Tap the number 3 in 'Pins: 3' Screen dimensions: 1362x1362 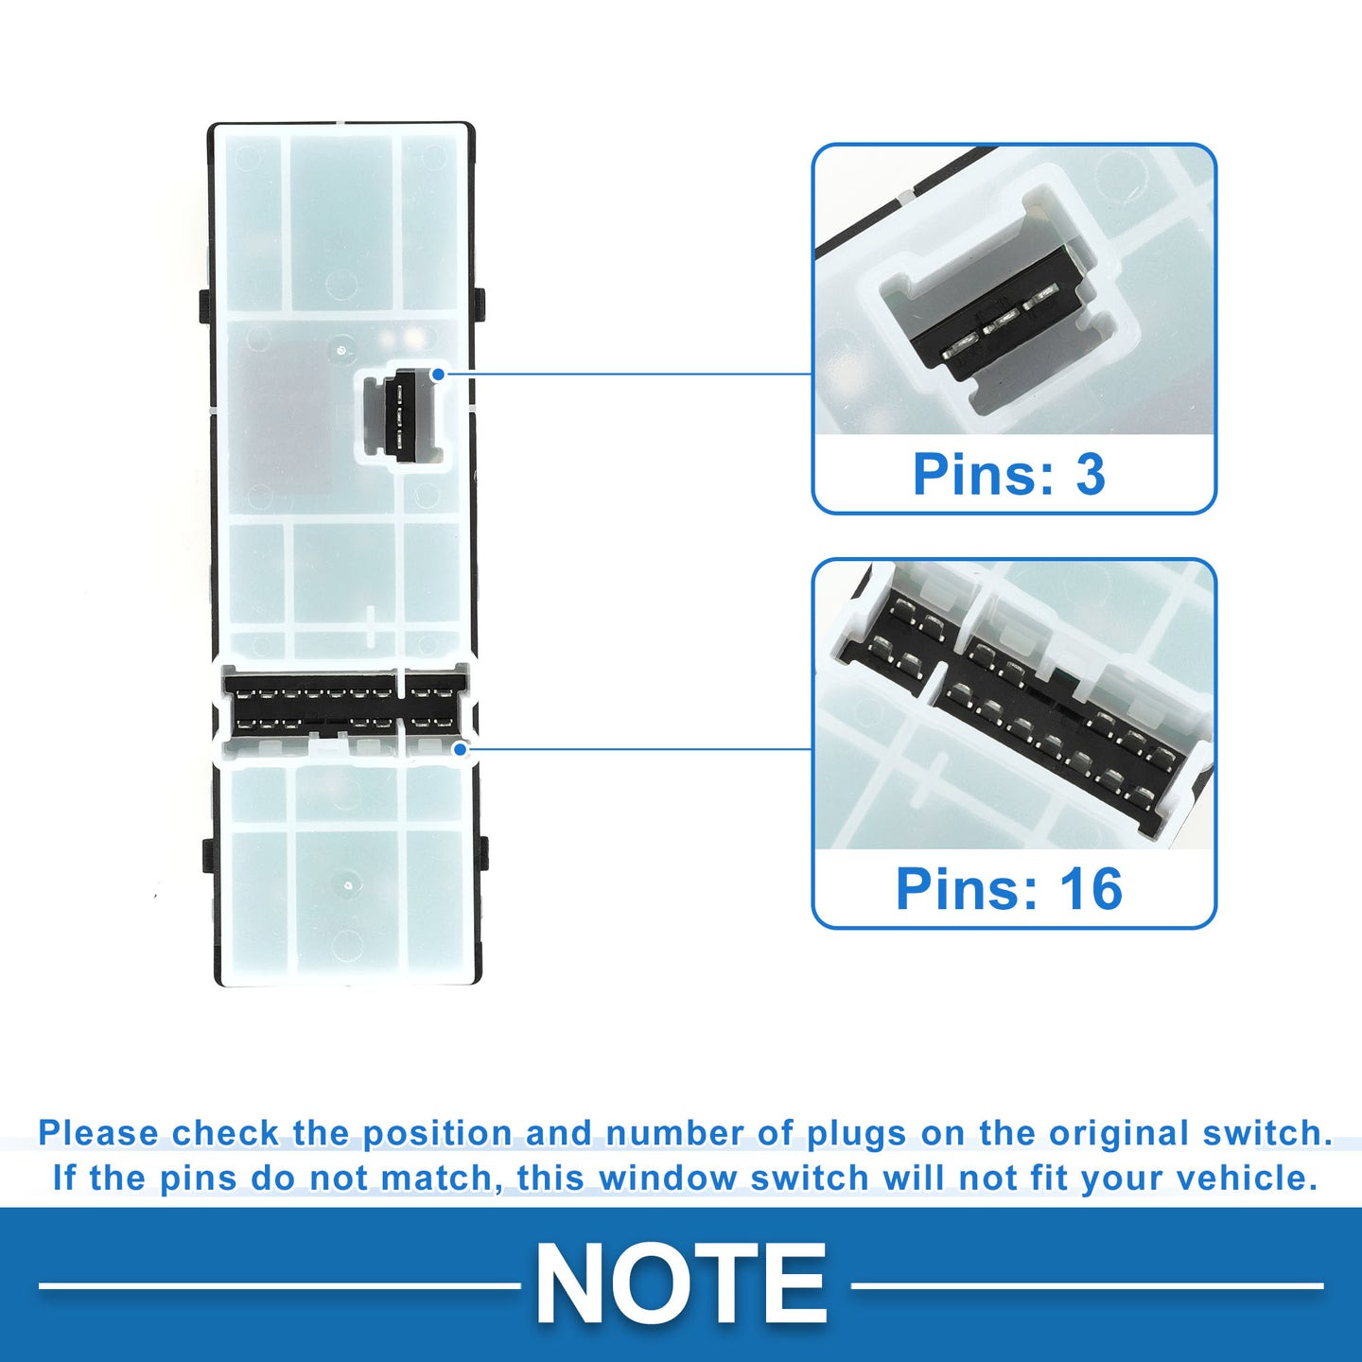[1091, 474]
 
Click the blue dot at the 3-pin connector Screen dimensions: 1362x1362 [439, 374]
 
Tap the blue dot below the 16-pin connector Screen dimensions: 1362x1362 [461, 748]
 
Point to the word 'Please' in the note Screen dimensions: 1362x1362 [98, 1134]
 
